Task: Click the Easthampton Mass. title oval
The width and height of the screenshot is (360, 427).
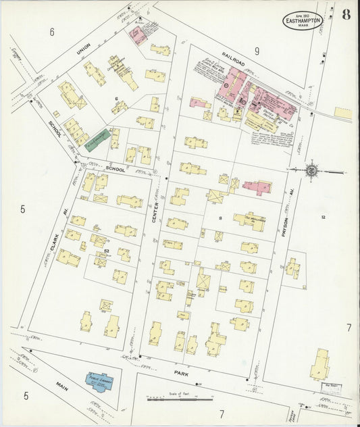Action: tap(303, 20)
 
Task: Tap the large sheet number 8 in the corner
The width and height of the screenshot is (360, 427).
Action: tap(345, 16)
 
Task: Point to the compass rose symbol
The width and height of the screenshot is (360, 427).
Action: tap(311, 170)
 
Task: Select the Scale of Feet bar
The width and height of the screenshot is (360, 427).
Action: tap(180, 400)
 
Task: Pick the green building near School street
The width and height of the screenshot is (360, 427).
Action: tap(94, 138)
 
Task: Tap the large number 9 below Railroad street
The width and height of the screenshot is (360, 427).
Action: tap(257, 51)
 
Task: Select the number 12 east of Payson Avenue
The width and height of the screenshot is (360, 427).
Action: tap(323, 216)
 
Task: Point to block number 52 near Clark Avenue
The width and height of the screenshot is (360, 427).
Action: tap(107, 251)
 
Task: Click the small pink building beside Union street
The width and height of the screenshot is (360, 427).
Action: tap(138, 35)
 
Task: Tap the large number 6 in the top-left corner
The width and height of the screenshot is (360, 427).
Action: tap(51, 31)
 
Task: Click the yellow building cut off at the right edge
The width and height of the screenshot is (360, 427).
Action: tap(343, 113)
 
